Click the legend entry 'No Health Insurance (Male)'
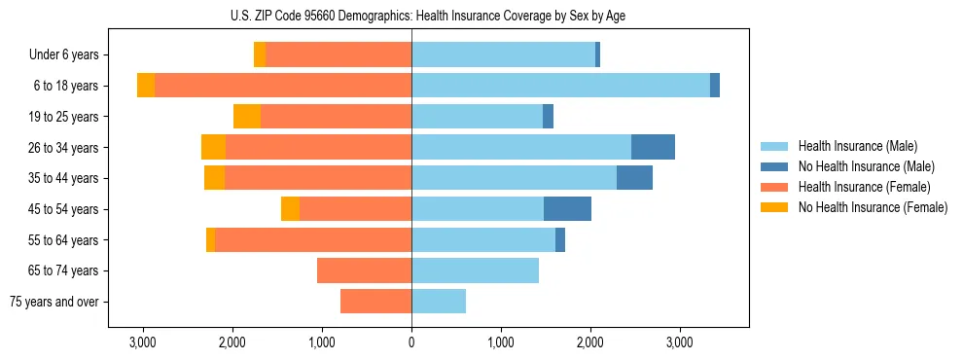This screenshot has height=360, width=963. coord(866,166)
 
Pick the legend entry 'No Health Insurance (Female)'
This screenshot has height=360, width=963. coord(872,207)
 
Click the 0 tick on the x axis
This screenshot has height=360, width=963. coord(411,342)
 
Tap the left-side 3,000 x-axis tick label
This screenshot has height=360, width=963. coord(143,342)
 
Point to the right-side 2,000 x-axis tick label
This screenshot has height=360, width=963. coord(590,342)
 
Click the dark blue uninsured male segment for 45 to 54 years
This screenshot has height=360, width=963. coord(567,209)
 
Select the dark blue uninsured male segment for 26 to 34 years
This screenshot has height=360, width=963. coord(653,147)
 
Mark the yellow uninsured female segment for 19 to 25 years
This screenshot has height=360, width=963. coord(247,117)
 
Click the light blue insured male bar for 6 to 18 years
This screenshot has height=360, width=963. coord(560,86)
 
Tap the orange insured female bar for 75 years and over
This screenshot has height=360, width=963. coord(375,302)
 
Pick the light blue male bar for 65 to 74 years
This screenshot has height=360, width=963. coord(475,270)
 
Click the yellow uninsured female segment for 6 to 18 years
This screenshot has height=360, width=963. coord(146,86)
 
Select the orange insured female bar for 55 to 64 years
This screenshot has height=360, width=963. coord(313,239)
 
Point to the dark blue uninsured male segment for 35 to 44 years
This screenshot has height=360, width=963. coord(634,178)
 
